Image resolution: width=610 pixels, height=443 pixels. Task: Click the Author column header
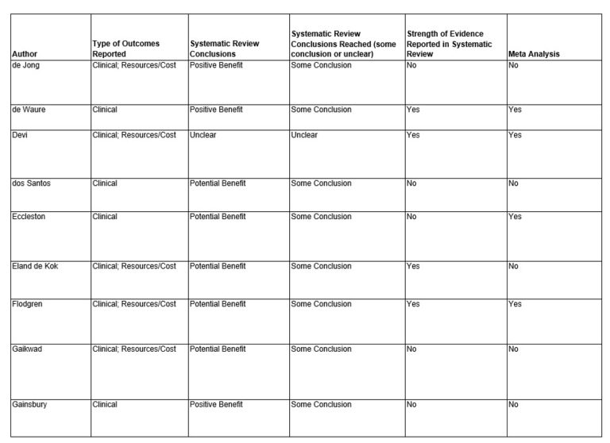(x=24, y=54)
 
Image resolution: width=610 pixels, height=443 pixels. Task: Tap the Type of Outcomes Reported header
(x=125, y=48)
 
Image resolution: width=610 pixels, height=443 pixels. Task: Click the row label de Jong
(x=25, y=65)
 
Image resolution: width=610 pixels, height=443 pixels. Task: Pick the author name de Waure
(x=29, y=110)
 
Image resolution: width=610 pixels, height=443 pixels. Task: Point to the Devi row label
(x=20, y=135)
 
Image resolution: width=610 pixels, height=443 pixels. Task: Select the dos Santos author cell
(x=31, y=183)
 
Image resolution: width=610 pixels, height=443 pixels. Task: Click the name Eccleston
(x=29, y=217)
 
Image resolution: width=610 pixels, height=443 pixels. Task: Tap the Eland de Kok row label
(x=35, y=266)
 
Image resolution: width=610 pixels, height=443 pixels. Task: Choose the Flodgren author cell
(x=29, y=304)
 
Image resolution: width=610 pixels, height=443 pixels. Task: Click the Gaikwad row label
(x=27, y=349)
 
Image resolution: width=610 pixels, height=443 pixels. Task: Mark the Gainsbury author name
(x=29, y=404)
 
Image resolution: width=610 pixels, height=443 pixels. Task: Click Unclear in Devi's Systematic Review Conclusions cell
(x=203, y=135)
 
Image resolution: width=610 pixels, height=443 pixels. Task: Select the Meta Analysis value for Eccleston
(x=515, y=217)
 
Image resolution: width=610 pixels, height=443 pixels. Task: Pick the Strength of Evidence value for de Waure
(x=413, y=110)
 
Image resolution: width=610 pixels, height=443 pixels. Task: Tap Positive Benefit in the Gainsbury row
(x=216, y=404)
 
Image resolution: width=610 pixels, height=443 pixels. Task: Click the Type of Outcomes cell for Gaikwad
(x=134, y=349)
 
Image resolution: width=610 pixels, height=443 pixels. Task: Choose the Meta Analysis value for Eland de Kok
(x=514, y=266)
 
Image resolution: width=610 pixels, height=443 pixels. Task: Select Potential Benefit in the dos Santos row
(x=218, y=183)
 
